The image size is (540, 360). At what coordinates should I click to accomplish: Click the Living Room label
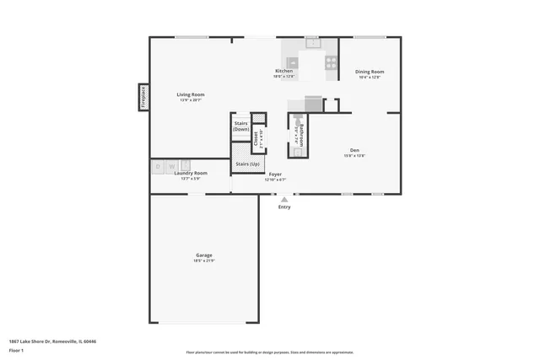191,94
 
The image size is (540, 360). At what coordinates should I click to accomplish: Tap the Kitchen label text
284,71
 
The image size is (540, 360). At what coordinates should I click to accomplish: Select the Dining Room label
370,72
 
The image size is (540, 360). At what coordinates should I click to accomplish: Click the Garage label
204,255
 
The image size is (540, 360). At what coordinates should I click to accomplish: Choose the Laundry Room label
190,173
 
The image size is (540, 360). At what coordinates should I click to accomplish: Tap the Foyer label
275,174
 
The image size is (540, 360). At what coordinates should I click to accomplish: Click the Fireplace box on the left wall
143,97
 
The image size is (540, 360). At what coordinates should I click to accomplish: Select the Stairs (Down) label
241,126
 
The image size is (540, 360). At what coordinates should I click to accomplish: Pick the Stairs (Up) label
247,164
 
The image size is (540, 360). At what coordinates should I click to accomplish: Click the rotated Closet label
257,137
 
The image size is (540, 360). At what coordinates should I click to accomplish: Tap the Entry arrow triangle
284,200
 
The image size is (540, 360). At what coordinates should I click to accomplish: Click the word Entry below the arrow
284,207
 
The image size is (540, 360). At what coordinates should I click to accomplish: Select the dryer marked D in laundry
158,166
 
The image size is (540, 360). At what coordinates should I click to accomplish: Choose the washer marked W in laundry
171,166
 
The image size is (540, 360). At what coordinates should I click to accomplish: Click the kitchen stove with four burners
332,62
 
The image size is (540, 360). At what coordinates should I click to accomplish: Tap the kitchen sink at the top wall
312,41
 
